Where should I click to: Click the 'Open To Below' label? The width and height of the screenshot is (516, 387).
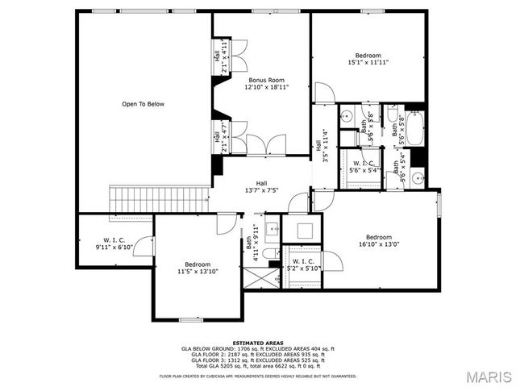click(143, 104)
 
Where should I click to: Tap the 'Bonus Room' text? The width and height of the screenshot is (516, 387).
click(266, 81)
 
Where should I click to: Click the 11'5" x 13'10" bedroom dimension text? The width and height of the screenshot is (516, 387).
click(197, 272)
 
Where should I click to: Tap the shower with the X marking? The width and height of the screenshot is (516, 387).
click(259, 279)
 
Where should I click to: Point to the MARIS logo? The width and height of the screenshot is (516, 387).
click(481, 376)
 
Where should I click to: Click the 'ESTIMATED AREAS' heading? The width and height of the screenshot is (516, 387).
click(257, 343)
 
